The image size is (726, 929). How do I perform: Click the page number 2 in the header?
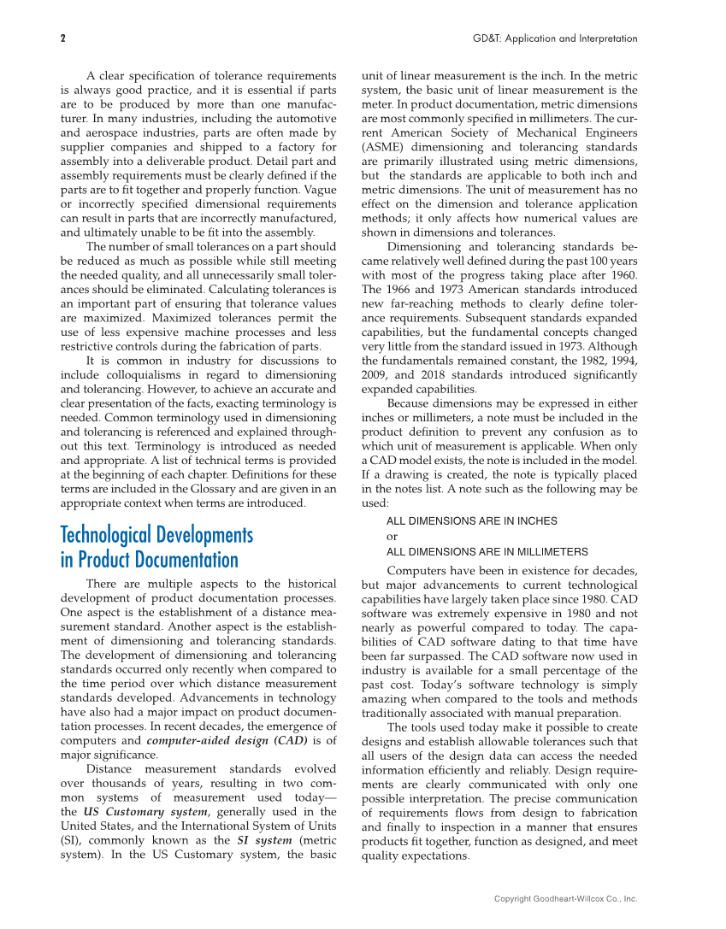63,38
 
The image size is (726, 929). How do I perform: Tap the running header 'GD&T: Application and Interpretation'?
555,38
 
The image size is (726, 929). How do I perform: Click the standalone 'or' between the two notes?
393,537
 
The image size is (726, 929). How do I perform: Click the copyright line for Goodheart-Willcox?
566,898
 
